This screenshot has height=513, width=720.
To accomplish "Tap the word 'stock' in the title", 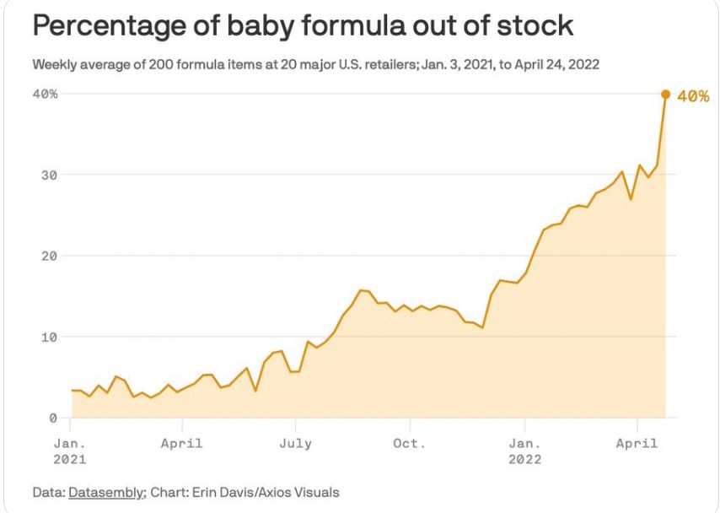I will (534, 26).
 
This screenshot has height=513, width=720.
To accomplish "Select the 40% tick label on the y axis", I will (46, 94).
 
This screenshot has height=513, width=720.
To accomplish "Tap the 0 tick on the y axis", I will (53, 418).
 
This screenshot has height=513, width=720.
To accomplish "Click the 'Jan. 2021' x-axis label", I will (69, 451).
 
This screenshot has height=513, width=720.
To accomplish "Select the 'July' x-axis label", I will (296, 443).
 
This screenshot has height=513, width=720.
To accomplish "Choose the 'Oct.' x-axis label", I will (409, 443).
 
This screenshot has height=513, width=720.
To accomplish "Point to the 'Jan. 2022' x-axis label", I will (524, 451).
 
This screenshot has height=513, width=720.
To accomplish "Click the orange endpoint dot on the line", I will (665, 94).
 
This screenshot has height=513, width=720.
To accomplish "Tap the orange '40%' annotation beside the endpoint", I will (693, 97).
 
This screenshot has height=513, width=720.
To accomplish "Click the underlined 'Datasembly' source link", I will (107, 492).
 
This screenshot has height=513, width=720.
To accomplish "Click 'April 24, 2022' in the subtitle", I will (556, 64).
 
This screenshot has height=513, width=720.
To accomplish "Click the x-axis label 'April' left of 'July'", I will (182, 443).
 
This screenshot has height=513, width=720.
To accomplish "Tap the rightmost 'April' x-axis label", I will (637, 443).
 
